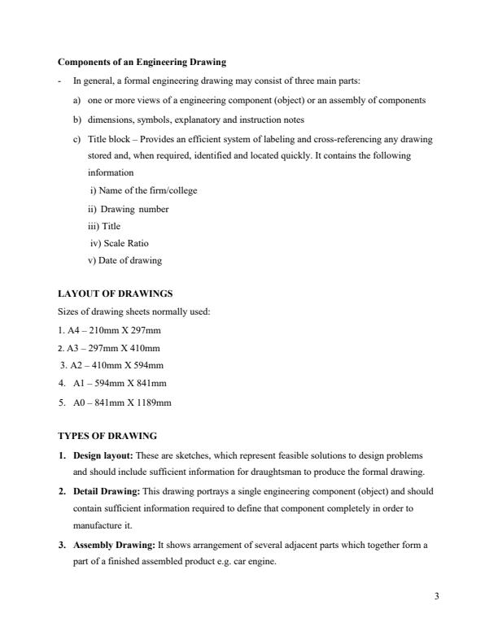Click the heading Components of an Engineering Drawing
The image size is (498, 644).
tap(142, 62)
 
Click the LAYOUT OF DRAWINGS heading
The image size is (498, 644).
tap(115, 294)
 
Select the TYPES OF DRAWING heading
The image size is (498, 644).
tap(107, 436)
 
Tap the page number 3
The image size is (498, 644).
tap(437, 597)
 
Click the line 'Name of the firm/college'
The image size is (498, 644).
tap(144, 190)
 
